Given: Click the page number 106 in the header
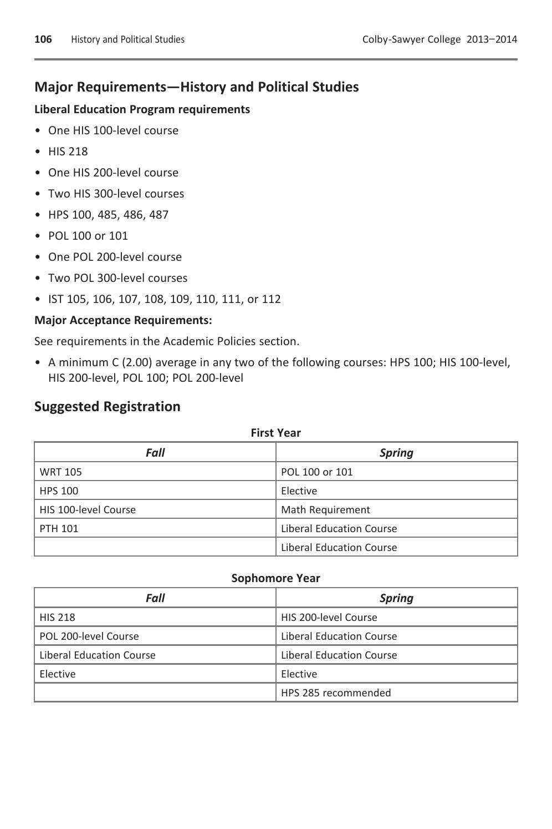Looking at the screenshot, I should click(43, 39).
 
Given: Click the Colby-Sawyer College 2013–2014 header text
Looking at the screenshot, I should click(439, 39).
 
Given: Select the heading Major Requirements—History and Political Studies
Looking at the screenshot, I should click(196, 87).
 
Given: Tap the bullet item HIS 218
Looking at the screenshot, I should click(68, 151).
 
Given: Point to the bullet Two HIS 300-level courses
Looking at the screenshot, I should click(116, 194).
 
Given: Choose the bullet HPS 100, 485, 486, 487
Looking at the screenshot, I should click(108, 215).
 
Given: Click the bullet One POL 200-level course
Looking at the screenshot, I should click(115, 257).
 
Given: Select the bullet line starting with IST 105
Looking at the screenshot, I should click(164, 299).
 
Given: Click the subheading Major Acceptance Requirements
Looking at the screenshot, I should click(123, 320).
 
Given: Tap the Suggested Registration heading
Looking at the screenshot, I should click(108, 407).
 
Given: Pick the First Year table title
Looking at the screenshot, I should click(275, 433).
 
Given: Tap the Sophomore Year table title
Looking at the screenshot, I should click(275, 578).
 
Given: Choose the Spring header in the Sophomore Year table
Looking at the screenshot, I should click(396, 598).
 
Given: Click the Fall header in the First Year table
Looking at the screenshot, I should click(155, 453).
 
